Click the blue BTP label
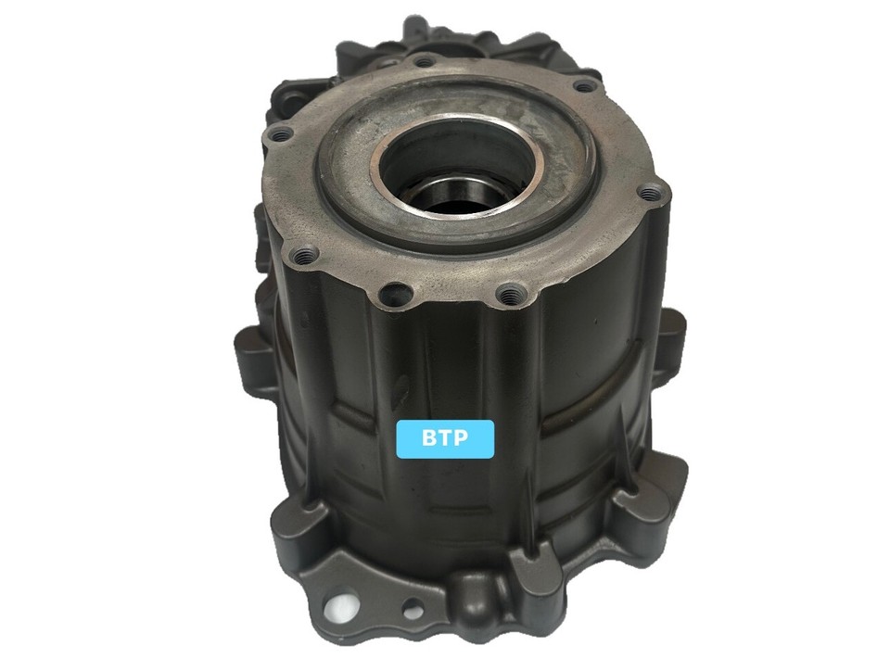(x=445, y=438)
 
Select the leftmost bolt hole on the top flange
(x=274, y=136)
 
